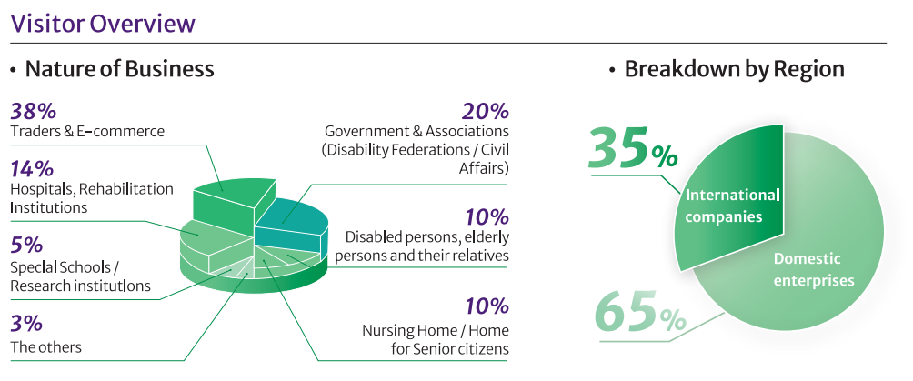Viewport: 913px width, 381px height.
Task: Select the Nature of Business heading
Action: click(x=119, y=69)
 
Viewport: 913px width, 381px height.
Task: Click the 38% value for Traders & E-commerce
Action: click(x=34, y=112)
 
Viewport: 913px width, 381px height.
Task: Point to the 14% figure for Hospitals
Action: click(x=32, y=169)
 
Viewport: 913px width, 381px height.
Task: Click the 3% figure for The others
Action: click(x=25, y=324)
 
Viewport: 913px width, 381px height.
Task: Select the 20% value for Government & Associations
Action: click(x=485, y=112)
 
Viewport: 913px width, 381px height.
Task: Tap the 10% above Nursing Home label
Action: click(x=485, y=306)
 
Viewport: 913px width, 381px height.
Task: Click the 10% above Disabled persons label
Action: click(x=485, y=216)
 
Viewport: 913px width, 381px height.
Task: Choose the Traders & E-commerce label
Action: click(x=87, y=132)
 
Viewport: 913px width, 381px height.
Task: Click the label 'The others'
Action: click(x=45, y=346)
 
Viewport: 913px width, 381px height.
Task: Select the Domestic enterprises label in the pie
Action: click(x=814, y=269)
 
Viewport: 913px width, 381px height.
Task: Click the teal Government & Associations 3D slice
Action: click(x=291, y=218)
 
